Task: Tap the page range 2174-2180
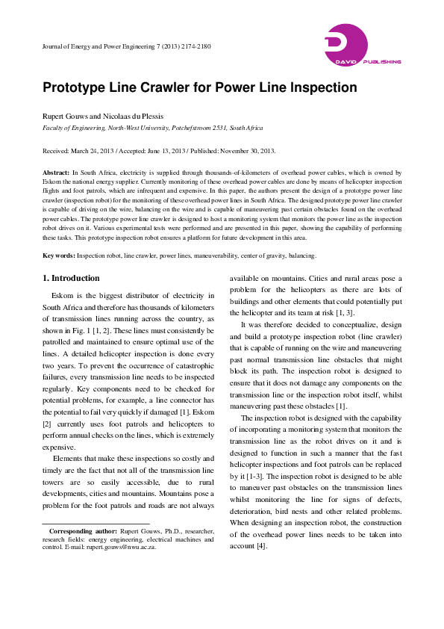(194, 46)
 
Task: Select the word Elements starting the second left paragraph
(69, 457)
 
